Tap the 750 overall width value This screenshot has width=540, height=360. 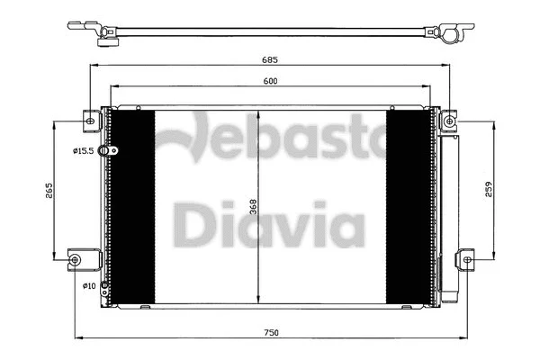271,333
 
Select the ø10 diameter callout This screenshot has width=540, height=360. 89,286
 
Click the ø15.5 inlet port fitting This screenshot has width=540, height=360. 105,151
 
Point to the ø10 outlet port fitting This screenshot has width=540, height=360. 105,288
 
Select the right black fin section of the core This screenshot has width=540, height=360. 407,209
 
